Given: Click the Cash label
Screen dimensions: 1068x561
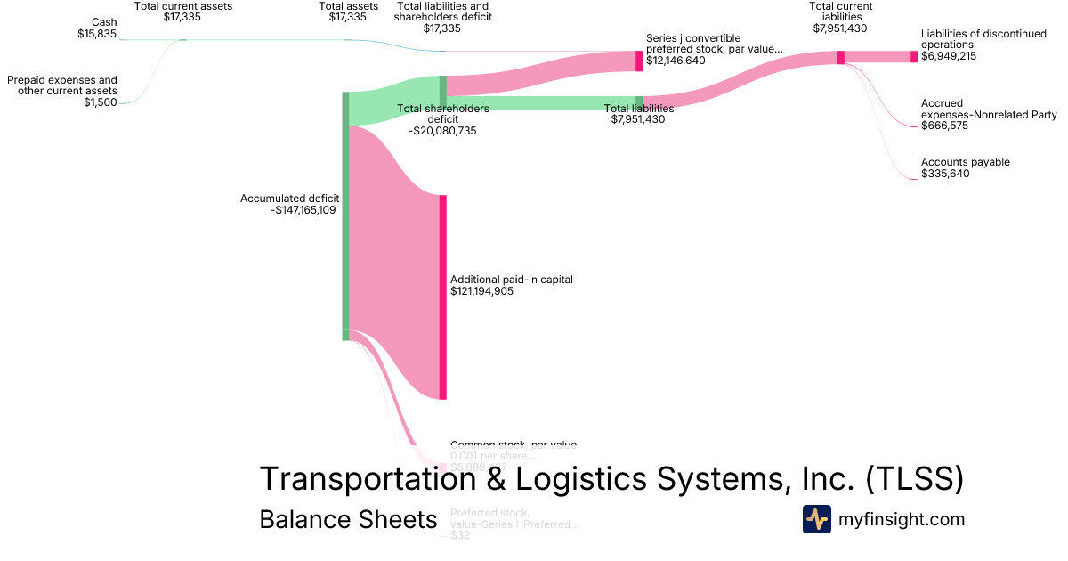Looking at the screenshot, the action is (104, 22).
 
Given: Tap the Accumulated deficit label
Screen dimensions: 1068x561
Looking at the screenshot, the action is (289, 199).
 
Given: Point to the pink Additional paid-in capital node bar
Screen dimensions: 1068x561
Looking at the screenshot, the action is (442, 297).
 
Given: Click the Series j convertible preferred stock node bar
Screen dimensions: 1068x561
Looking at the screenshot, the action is (638, 61).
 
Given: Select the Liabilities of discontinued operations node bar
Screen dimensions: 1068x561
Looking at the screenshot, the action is (913, 57).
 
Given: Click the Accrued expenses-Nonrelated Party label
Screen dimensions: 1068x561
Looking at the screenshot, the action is (988, 109).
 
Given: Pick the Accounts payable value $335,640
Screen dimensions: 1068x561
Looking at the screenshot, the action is (945, 174).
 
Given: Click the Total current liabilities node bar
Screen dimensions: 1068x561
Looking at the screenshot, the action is (840, 57).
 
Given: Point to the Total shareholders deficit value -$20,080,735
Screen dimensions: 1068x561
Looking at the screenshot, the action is (442, 130).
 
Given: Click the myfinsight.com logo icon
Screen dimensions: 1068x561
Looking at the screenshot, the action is (816, 519).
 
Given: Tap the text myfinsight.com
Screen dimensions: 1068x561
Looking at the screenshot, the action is (901, 519).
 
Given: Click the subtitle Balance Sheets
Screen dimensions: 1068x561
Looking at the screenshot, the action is (348, 519).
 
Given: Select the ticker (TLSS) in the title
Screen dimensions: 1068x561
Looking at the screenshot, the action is (914, 479).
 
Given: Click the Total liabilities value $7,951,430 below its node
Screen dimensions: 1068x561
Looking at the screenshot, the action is (638, 119).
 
